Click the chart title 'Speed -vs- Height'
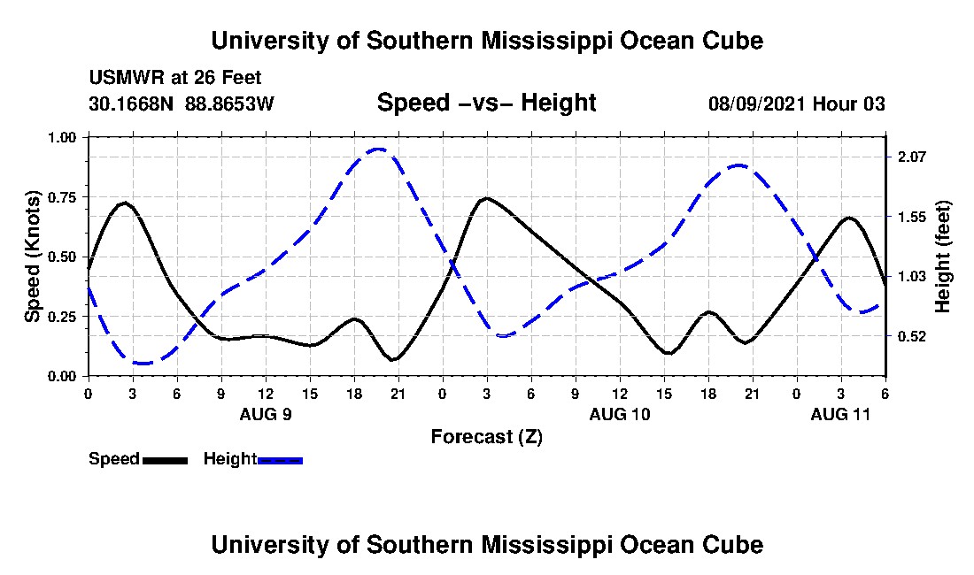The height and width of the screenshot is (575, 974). (x=486, y=103)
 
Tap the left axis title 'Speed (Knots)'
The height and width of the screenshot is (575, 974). (x=33, y=256)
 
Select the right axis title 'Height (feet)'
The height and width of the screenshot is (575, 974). (x=942, y=257)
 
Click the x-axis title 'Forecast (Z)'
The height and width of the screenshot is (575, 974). (x=486, y=436)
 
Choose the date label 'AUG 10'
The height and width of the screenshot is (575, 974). (x=619, y=414)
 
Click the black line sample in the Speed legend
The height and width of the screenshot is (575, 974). (x=165, y=460)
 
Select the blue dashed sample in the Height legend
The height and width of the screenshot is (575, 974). (x=280, y=460)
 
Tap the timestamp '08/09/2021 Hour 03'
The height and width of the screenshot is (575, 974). (x=796, y=103)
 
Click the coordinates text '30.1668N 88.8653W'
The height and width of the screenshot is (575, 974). (x=182, y=103)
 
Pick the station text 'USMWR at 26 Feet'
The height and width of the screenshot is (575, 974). (x=174, y=78)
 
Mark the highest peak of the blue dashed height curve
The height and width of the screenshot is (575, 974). (x=379, y=149)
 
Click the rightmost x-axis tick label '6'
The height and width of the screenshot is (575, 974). (x=885, y=394)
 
